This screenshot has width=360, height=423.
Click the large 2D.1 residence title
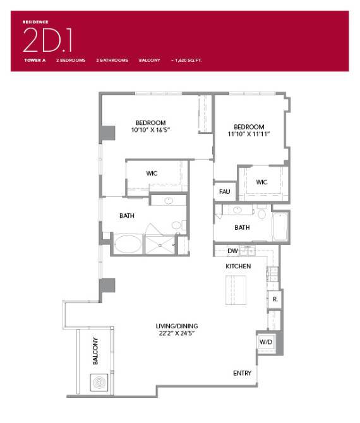click(48, 40)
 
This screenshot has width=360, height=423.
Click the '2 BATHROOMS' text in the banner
click(112, 60)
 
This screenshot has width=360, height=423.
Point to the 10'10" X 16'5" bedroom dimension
click(151, 130)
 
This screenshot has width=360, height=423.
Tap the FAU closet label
click(224, 191)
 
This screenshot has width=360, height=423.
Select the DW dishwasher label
click(232, 251)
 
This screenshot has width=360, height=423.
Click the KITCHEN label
click(239, 266)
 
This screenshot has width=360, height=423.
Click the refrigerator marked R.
click(275, 299)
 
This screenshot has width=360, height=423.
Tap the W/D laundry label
click(265, 342)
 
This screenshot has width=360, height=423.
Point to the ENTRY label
click(243, 373)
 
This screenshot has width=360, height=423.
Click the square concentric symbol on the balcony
click(99, 383)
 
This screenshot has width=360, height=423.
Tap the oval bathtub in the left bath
click(128, 244)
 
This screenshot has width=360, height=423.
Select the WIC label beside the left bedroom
click(152, 173)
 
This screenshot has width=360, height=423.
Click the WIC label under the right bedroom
click(262, 182)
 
